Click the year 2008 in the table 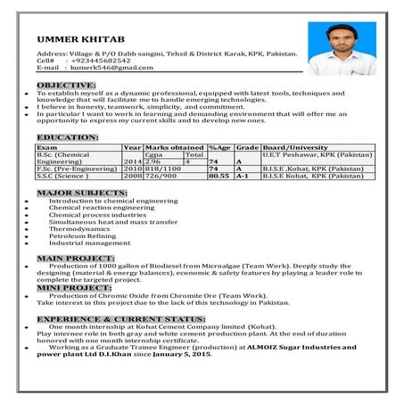(133, 176)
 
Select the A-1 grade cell (242, 176)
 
